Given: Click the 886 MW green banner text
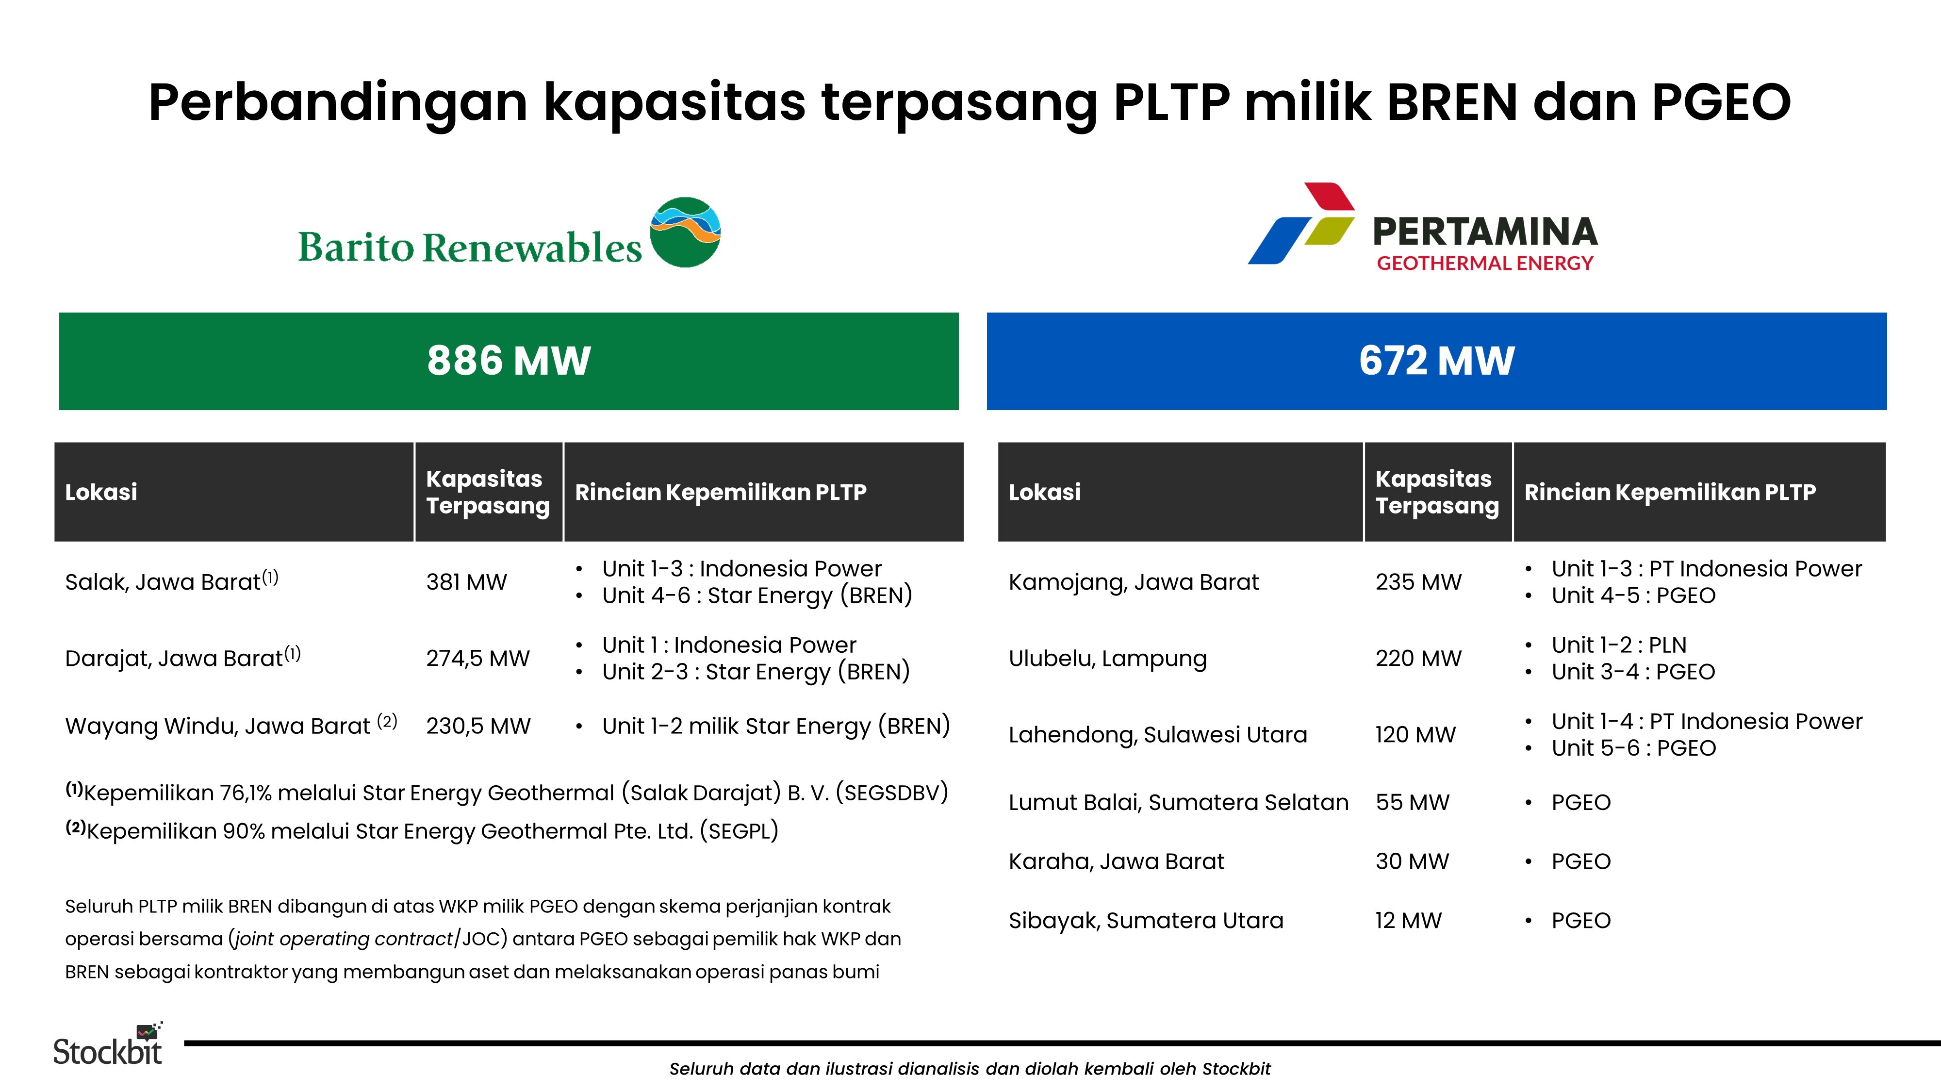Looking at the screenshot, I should pyautogui.click(x=509, y=361).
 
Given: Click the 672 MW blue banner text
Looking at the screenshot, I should pyautogui.click(x=1436, y=361).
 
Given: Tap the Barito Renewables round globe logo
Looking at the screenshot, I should pyautogui.click(x=685, y=232).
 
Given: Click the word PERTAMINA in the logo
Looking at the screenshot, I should pyautogui.click(x=1484, y=232).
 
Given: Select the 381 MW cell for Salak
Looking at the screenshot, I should pyautogui.click(x=466, y=582).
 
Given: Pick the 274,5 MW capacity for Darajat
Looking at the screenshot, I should pyautogui.click(x=477, y=658).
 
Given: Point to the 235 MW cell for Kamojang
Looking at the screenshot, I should pyautogui.click(x=1418, y=582).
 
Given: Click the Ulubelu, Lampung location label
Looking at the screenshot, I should pyautogui.click(x=1107, y=658).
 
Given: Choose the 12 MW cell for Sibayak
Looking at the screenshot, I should pyautogui.click(x=1408, y=920).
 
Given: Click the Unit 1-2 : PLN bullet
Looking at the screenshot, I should pyautogui.click(x=1618, y=645).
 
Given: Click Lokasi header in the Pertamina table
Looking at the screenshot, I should pyautogui.click(x=1044, y=492).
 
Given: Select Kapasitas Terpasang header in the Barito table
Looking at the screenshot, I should pyautogui.click(x=488, y=492).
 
